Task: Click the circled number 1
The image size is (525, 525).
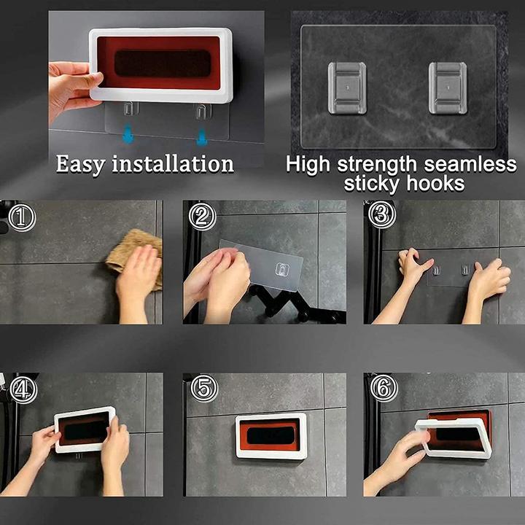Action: pyautogui.click(x=21, y=218)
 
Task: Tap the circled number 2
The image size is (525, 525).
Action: pyautogui.click(x=202, y=217)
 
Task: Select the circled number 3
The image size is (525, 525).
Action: pyautogui.click(x=381, y=214)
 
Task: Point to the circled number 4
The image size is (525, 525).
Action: pyautogui.click(x=23, y=390)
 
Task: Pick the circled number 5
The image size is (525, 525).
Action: pyautogui.click(x=204, y=389)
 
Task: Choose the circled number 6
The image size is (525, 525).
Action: pyautogui.click(x=384, y=388)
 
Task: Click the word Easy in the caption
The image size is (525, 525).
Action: pyautogui.click(x=80, y=165)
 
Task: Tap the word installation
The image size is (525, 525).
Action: pyautogui.click(x=173, y=164)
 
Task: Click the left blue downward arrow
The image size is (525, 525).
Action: pyautogui.click(x=128, y=134)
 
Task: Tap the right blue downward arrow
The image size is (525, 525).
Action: pyautogui.click(x=201, y=136)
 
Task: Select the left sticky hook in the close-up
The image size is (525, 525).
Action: pyautogui.click(x=347, y=88)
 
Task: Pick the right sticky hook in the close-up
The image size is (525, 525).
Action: pyautogui.click(x=448, y=88)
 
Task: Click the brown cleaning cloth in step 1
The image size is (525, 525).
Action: pyautogui.click(x=134, y=256)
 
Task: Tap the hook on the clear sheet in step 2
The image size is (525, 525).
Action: pyautogui.click(x=282, y=270)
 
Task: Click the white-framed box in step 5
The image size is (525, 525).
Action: pyautogui.click(x=271, y=435)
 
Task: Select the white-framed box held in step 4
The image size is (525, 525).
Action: pyautogui.click(x=85, y=429)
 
